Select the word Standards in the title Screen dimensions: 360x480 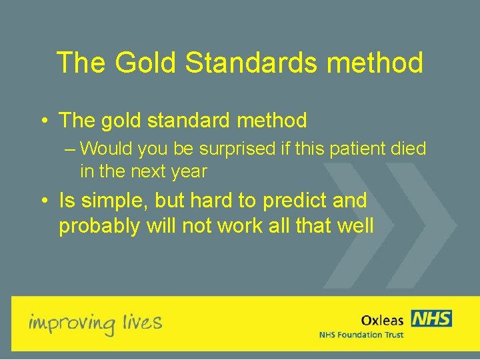tap(257, 63)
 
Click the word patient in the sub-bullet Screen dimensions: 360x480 tap(352, 149)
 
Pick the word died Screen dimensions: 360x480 tap(408, 149)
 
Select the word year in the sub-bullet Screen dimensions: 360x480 tap(189, 171)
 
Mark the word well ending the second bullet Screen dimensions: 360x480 tap(354, 226)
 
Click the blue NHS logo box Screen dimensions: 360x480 tap(431, 319)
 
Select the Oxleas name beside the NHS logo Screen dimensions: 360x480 tap(382, 321)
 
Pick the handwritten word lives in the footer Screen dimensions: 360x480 tap(142, 323)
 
